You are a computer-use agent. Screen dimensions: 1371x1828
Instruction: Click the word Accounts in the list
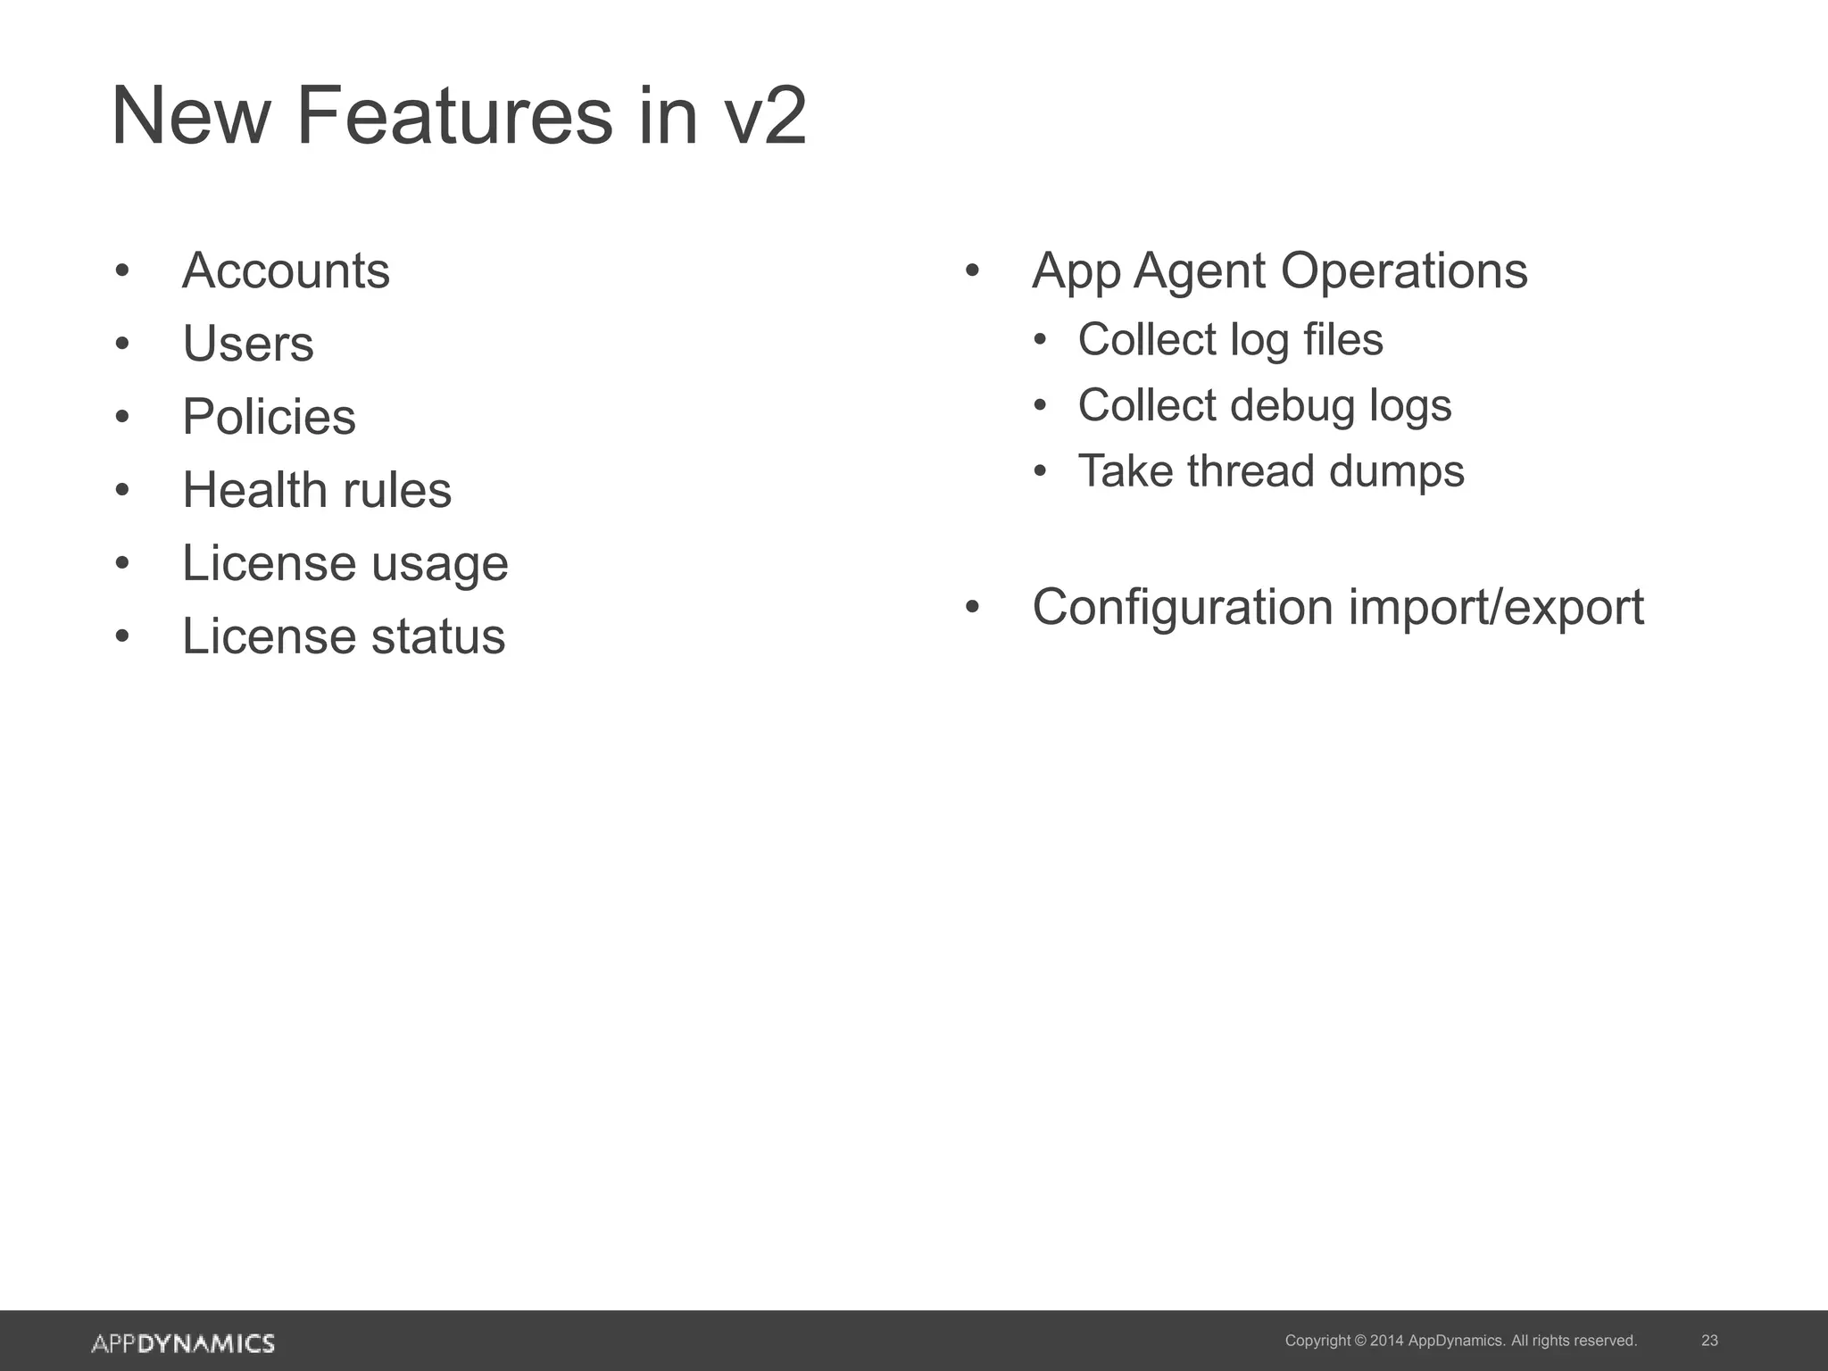(286, 270)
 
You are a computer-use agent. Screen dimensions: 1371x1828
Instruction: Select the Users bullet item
(248, 344)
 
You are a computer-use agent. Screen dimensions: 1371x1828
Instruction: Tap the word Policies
(269, 417)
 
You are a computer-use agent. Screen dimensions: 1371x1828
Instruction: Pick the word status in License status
(437, 636)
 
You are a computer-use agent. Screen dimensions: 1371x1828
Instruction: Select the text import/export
(1496, 609)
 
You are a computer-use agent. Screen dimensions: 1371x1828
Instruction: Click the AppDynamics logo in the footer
(183, 1343)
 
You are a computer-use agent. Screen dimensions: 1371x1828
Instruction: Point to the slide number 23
(1709, 1341)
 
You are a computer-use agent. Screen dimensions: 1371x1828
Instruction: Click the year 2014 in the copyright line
(1386, 1341)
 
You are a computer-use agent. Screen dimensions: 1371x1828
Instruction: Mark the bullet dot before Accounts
(122, 270)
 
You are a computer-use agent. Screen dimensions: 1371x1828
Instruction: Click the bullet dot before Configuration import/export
(972, 608)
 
